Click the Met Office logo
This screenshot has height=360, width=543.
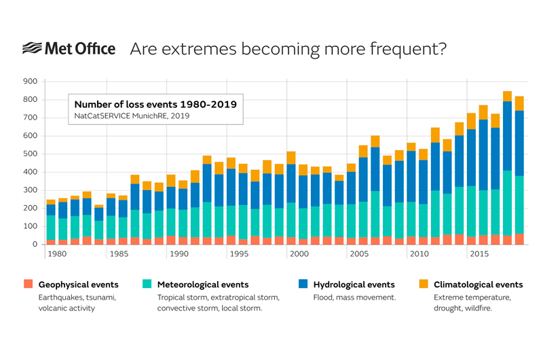pos(69,49)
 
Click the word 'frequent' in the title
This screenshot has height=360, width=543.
pos(411,49)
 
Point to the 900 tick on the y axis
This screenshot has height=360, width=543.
pos(29,82)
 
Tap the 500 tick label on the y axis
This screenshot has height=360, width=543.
pos(29,154)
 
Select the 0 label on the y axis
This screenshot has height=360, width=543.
pos(34,244)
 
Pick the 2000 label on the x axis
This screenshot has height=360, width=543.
pos(299,253)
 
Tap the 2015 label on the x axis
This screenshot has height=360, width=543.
pos(480,253)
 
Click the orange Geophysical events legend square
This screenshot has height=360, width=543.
pos(28,285)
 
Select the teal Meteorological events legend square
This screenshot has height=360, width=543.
pos(147,285)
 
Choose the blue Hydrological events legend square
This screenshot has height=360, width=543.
pos(302,285)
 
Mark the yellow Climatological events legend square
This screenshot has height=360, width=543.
pos(423,285)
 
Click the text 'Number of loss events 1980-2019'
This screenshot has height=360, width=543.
pos(155,105)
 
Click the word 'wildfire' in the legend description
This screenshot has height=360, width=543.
pos(479,308)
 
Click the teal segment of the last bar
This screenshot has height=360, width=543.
pos(519,204)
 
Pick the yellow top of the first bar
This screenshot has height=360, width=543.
pos(51,202)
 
